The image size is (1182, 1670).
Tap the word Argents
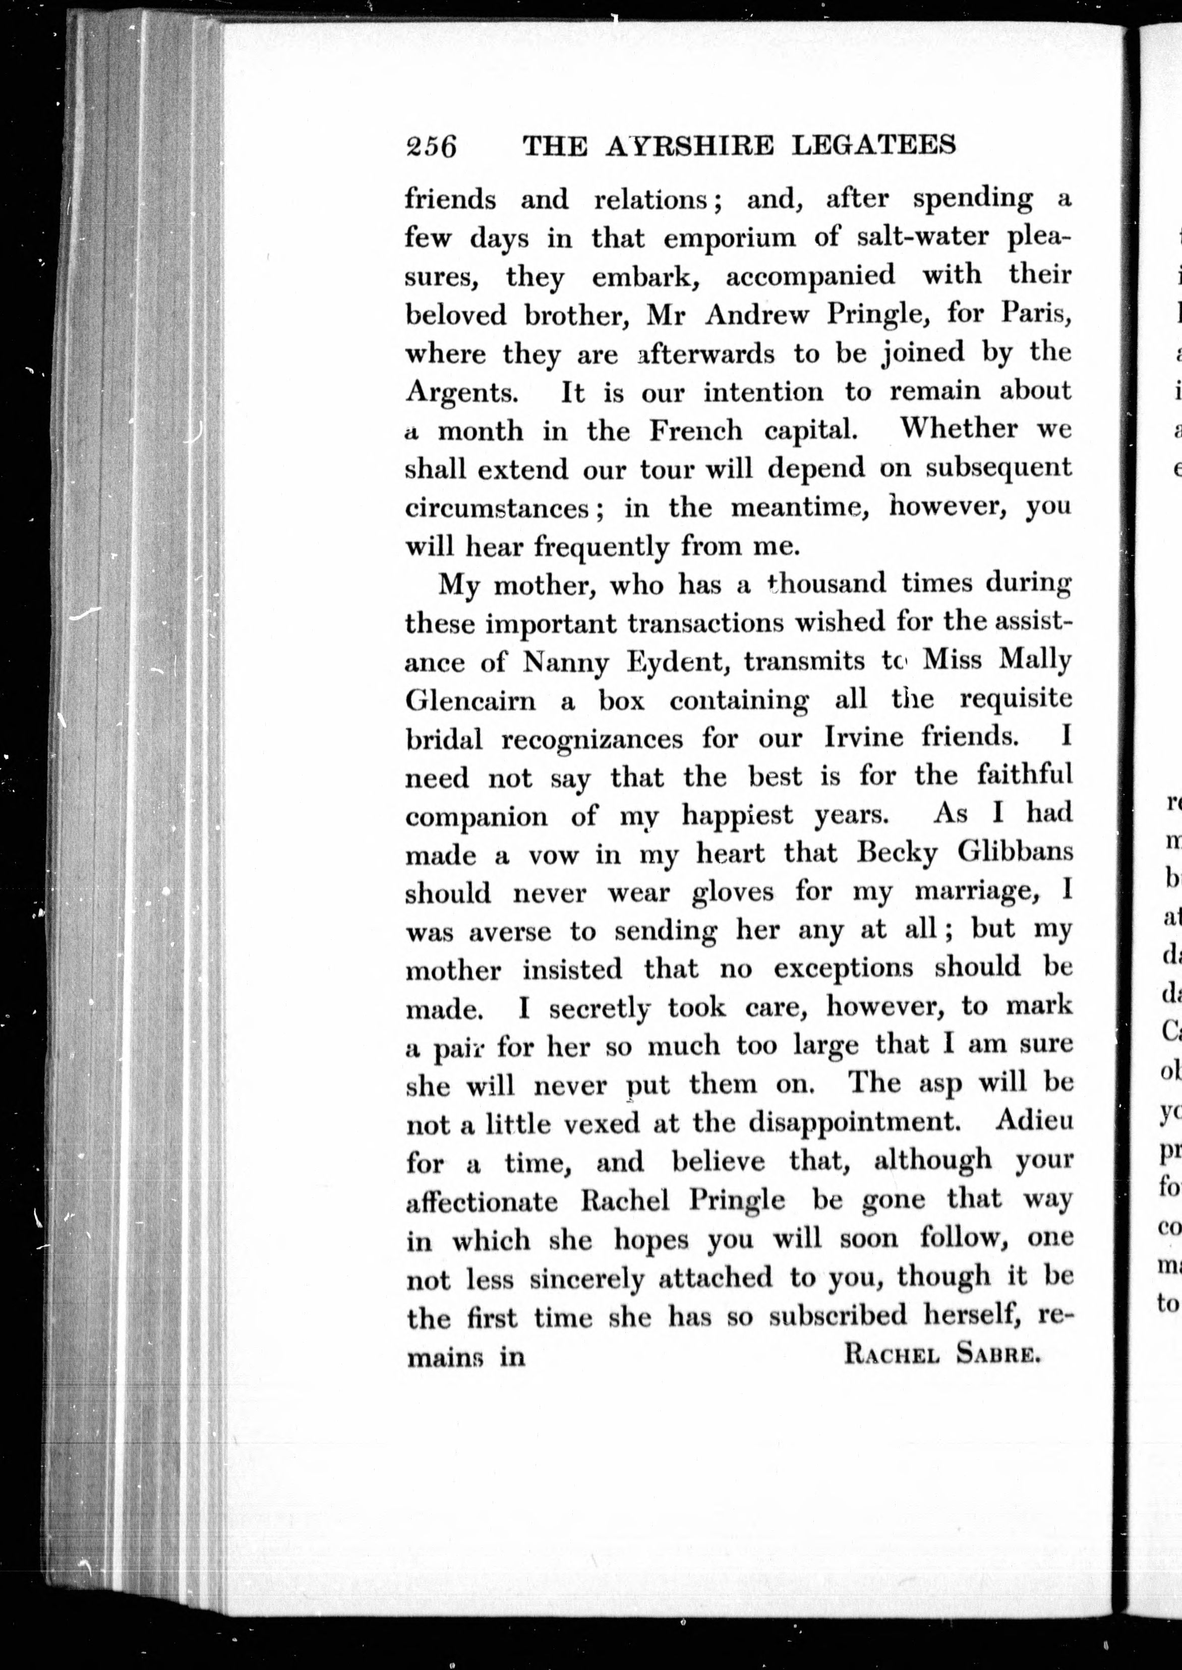click(461, 393)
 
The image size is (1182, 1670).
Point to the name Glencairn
click(470, 701)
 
